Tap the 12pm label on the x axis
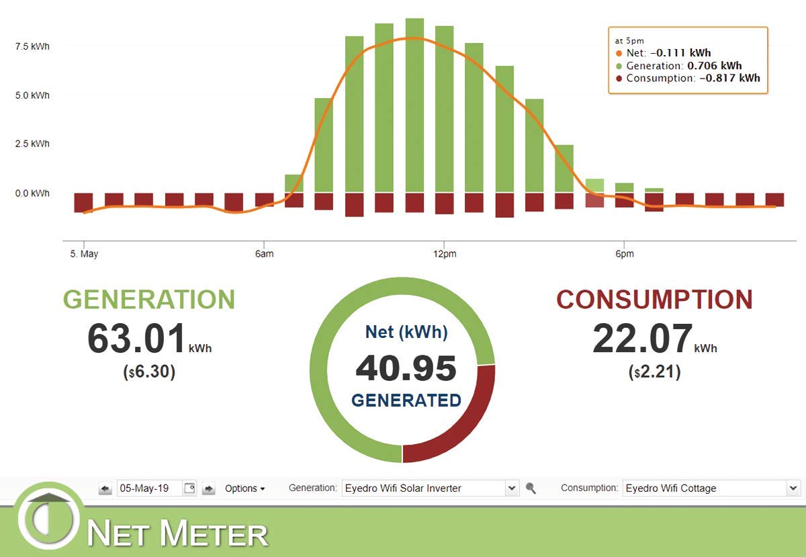pyautogui.click(x=443, y=254)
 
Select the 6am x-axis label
pyautogui.click(x=264, y=254)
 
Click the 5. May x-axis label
pyautogui.click(x=83, y=254)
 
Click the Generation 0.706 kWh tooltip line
pyautogui.click(x=684, y=66)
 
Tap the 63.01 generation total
pyautogui.click(x=136, y=339)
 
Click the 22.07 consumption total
pyautogui.click(x=642, y=339)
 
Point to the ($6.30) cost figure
pyautogui.click(x=148, y=372)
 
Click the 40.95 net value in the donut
pyautogui.click(x=406, y=368)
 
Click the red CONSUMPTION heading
pyautogui.click(x=654, y=300)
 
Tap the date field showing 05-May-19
pyautogui.click(x=148, y=488)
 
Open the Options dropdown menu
pyautogui.click(x=244, y=488)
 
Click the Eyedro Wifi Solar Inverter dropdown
pyautogui.click(x=430, y=488)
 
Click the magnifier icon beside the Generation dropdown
pyautogui.click(x=531, y=488)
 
